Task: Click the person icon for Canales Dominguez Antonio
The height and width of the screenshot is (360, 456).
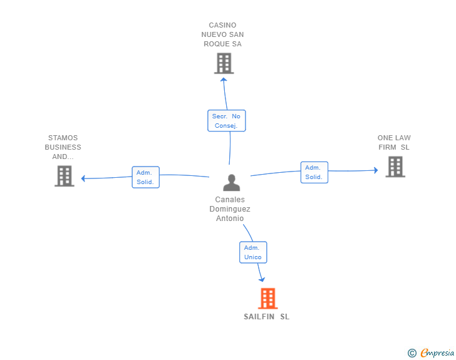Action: pos(232,183)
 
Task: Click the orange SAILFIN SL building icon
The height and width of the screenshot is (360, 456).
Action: pos(267,299)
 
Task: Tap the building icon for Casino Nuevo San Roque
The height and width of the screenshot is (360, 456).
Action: pos(224,63)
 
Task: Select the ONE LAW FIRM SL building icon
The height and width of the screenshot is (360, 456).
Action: pos(395,167)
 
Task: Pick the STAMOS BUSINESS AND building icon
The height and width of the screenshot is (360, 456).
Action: pos(64,176)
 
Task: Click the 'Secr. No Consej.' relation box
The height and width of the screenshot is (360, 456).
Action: pos(226,121)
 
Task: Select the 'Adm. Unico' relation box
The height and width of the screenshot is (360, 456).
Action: pos(253,252)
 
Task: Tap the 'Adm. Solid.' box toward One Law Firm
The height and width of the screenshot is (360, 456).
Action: pos(314,172)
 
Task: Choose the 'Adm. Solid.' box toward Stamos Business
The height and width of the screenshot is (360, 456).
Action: pos(146,177)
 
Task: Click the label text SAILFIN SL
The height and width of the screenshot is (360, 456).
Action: pos(266,317)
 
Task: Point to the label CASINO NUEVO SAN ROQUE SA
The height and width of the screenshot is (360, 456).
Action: pos(222,35)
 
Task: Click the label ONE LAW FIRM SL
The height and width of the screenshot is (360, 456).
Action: pos(394,142)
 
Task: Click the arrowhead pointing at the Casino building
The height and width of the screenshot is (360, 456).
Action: pos(224,80)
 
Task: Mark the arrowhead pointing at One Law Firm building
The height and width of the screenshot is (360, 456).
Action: pos(375,170)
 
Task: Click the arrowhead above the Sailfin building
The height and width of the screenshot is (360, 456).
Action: pos(262,279)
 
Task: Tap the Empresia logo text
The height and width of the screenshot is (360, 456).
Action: pos(437,353)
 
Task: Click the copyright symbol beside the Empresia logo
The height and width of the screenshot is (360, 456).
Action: pos(412,353)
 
